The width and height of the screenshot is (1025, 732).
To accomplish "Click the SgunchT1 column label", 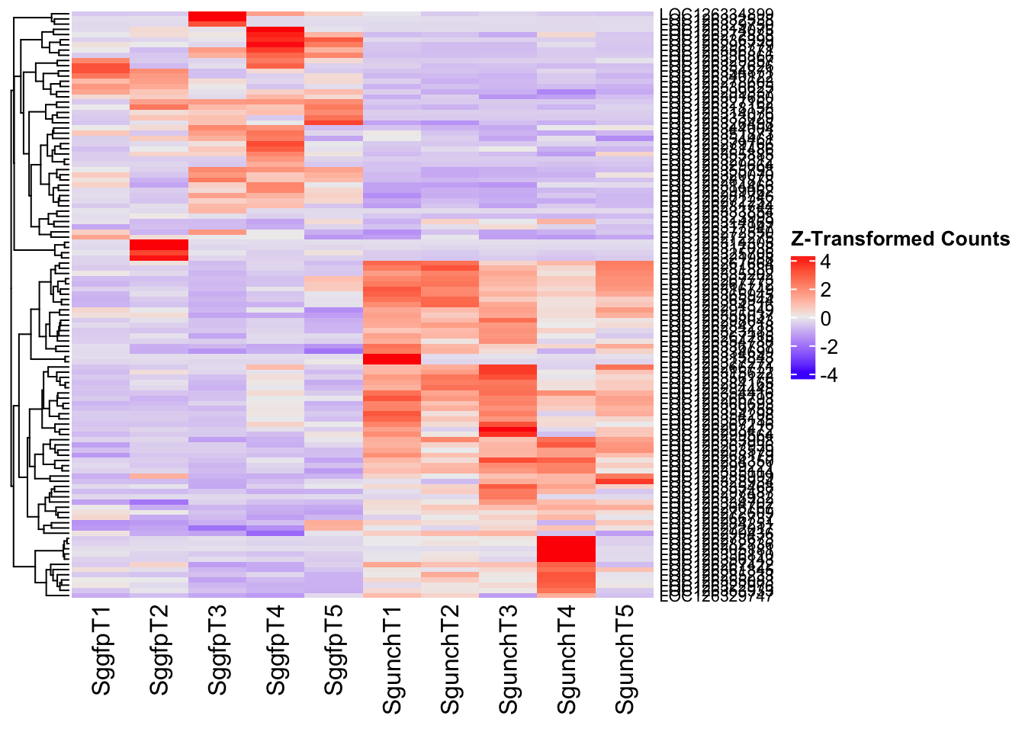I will point(392,660).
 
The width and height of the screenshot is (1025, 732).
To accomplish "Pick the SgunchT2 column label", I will point(451,660).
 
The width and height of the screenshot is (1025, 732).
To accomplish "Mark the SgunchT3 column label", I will point(509,660).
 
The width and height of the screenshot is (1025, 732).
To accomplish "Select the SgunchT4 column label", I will point(567,660).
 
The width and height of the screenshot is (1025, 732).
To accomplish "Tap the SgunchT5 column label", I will point(625,660).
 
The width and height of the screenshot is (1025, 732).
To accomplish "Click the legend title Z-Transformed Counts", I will point(900,239).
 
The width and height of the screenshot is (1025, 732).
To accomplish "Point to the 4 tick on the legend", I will point(826,262).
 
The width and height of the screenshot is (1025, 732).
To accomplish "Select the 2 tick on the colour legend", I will point(826,290).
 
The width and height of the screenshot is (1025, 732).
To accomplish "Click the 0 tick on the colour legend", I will point(826,318).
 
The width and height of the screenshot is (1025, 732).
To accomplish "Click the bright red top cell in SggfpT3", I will point(217,18).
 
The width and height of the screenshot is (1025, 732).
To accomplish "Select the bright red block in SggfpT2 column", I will point(159,249).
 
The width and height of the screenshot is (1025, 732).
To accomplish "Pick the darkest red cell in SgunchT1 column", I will point(392,359).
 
